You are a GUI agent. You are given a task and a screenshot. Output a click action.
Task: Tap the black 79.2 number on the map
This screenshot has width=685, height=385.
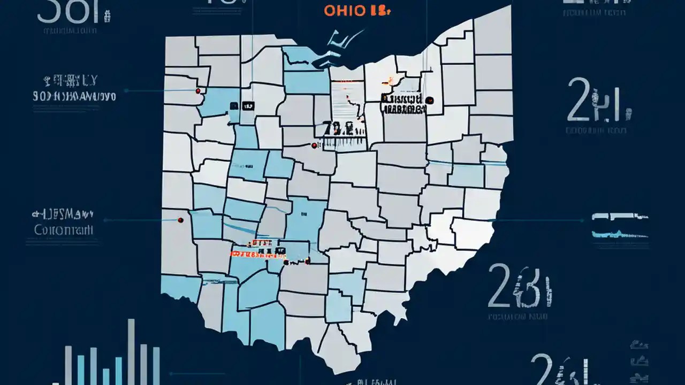tap(338, 128)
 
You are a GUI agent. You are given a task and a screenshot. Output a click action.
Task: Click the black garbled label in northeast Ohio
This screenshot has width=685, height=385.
tap(404, 104)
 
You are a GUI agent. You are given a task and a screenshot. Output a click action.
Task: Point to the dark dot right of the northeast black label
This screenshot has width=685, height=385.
tap(430, 100)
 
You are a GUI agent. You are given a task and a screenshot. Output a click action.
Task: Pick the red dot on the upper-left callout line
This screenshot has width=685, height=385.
tap(199, 91)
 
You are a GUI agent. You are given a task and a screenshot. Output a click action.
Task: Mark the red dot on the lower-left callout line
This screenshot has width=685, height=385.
tap(180, 219)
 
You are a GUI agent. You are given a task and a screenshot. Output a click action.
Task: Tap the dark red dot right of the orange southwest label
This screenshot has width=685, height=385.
tap(308, 261)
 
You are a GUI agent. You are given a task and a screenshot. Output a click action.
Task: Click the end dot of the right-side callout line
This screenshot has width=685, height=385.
tap(582, 220)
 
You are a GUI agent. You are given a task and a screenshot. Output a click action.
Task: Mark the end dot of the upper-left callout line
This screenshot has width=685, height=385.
tap(125, 91)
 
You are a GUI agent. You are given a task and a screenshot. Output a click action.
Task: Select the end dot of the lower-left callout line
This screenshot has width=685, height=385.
tap(105, 219)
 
